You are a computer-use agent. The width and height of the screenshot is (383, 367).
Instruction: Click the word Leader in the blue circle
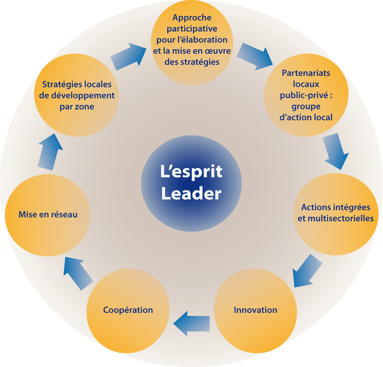(x=191, y=193)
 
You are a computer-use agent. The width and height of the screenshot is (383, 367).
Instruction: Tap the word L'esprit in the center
(x=191, y=171)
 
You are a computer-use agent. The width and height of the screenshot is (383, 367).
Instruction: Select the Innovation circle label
(x=255, y=310)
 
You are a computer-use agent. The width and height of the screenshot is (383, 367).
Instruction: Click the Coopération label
(x=128, y=310)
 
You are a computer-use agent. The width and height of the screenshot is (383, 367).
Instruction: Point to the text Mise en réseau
(x=48, y=214)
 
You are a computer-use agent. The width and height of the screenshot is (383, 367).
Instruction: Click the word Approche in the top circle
(x=191, y=18)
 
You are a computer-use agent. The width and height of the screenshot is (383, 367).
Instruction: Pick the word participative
(x=191, y=29)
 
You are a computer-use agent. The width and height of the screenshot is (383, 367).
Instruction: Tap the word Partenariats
(x=306, y=73)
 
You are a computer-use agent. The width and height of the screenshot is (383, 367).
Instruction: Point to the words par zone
(x=77, y=107)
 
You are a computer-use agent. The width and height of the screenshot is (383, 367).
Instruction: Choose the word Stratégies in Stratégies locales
(x=59, y=84)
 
